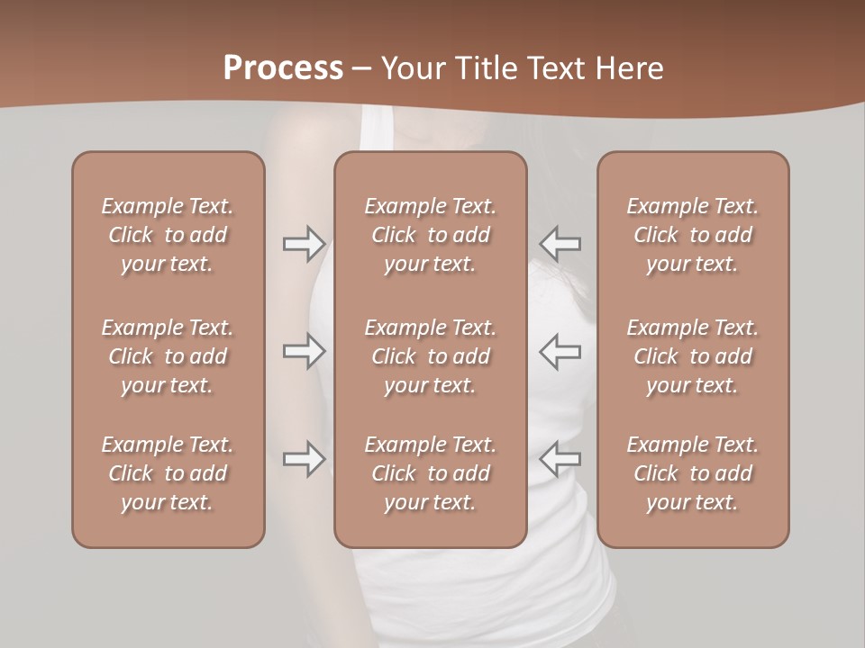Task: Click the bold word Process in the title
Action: (283, 68)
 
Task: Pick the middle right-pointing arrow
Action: (305, 351)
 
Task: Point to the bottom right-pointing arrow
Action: (305, 459)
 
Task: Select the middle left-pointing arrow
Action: (560, 351)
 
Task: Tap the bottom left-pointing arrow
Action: (560, 459)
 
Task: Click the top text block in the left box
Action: (168, 235)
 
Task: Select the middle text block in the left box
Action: (168, 356)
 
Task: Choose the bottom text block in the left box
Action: (168, 473)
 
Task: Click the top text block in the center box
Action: (430, 235)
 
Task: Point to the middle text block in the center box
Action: (430, 356)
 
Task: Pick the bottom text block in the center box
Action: (430, 473)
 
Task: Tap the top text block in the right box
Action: (693, 235)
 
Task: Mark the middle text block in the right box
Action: (693, 356)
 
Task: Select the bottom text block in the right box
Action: (693, 473)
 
